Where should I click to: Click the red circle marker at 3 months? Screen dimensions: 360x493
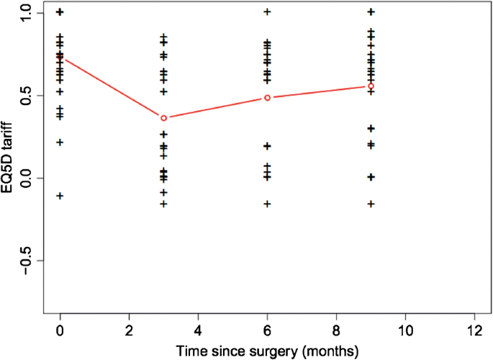pos(164,118)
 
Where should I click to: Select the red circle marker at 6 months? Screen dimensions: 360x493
pos(268,97)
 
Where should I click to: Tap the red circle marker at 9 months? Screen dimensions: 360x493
pos(371,86)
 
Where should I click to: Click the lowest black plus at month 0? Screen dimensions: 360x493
pos(60,196)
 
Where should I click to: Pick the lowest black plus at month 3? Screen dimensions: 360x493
pos(164,204)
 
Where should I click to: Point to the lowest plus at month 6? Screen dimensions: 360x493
pos(268,204)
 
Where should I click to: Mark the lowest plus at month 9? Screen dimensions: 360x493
pos(371,204)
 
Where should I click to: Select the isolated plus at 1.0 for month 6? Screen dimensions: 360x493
pos(268,12)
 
